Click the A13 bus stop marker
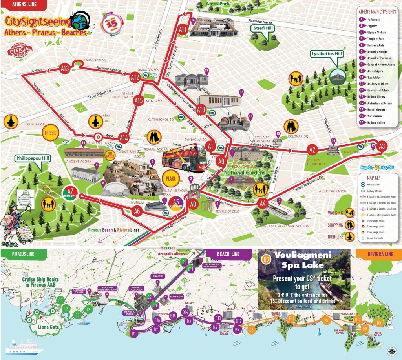[65, 69]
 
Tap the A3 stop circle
[382, 146]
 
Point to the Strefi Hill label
[263, 28]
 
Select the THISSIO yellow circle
[51, 133]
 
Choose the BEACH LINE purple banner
[228, 254]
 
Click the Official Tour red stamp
[19, 50]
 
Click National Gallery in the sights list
[376, 123]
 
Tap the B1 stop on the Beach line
[134, 334]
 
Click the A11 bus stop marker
[183, 29]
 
